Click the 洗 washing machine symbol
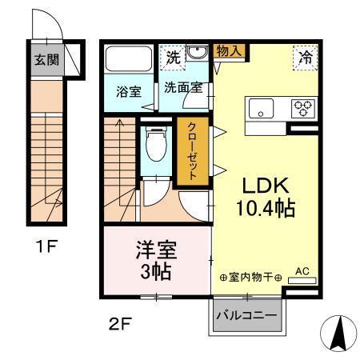click(173, 56)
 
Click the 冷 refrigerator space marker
click(305, 58)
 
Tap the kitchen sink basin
click(263, 108)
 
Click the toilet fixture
click(157, 146)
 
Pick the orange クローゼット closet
click(193, 153)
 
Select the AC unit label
click(302, 271)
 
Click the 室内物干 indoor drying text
click(250, 278)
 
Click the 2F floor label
click(118, 324)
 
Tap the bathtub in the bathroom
click(129, 60)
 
